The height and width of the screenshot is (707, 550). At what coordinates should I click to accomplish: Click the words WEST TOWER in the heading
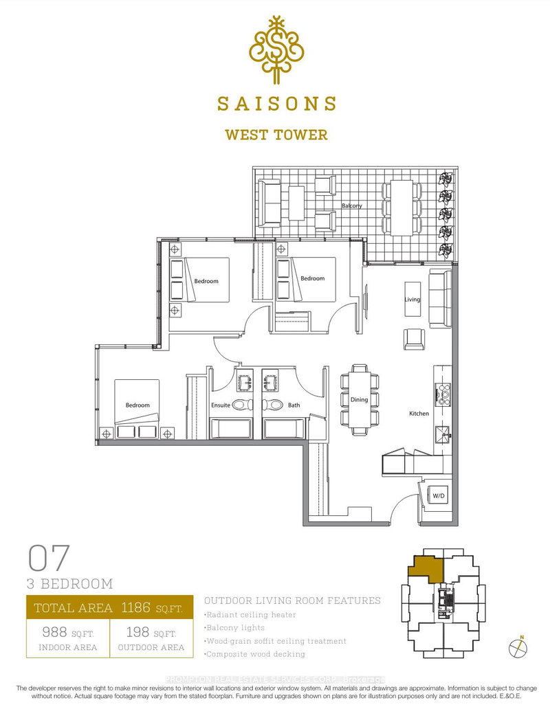[276, 135]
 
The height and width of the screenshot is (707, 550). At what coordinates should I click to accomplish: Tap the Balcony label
[351, 205]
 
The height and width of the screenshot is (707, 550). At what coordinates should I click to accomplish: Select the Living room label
[412, 300]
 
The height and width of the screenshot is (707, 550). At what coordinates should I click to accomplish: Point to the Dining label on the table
[360, 399]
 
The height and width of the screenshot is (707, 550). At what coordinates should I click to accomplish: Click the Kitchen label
[419, 414]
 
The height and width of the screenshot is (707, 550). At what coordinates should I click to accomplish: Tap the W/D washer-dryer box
[439, 495]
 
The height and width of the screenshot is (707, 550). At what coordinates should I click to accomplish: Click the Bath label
[294, 405]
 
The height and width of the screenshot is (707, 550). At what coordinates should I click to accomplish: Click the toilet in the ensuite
[242, 405]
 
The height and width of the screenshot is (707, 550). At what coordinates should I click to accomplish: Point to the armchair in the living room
[415, 337]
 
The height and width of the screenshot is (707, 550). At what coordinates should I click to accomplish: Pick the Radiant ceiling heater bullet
[251, 615]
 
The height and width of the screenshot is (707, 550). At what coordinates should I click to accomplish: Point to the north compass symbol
[517, 647]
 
